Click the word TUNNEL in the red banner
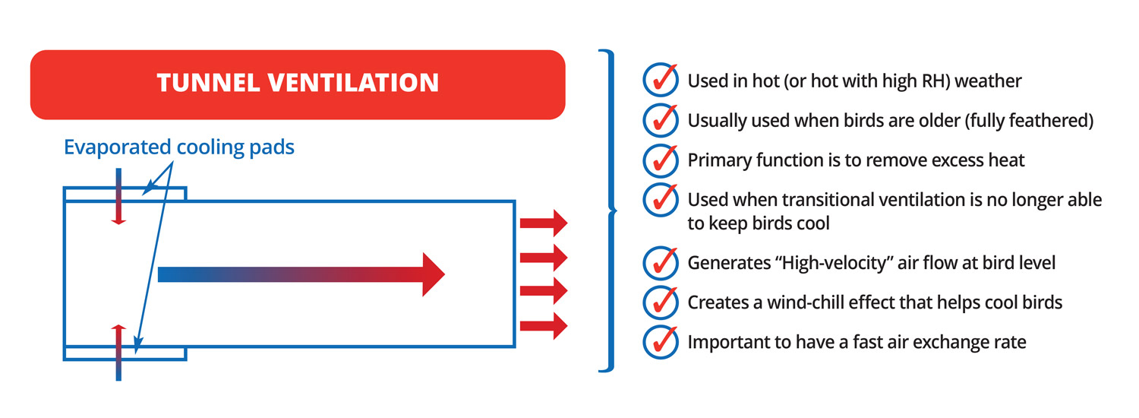click(209, 83)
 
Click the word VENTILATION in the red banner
click(353, 83)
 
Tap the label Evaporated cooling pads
click(179, 147)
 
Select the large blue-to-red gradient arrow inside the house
click(301, 274)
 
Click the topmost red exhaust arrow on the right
click(544, 223)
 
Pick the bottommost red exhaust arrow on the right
click(544, 326)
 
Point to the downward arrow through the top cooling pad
click(118, 197)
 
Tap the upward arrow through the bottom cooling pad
click(118, 353)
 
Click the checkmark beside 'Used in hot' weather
click(661, 80)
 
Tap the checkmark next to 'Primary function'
click(661, 160)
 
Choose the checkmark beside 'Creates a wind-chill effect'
click(661, 302)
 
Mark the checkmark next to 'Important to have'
click(661, 342)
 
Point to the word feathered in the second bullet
click(1048, 121)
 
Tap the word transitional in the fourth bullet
click(828, 200)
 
